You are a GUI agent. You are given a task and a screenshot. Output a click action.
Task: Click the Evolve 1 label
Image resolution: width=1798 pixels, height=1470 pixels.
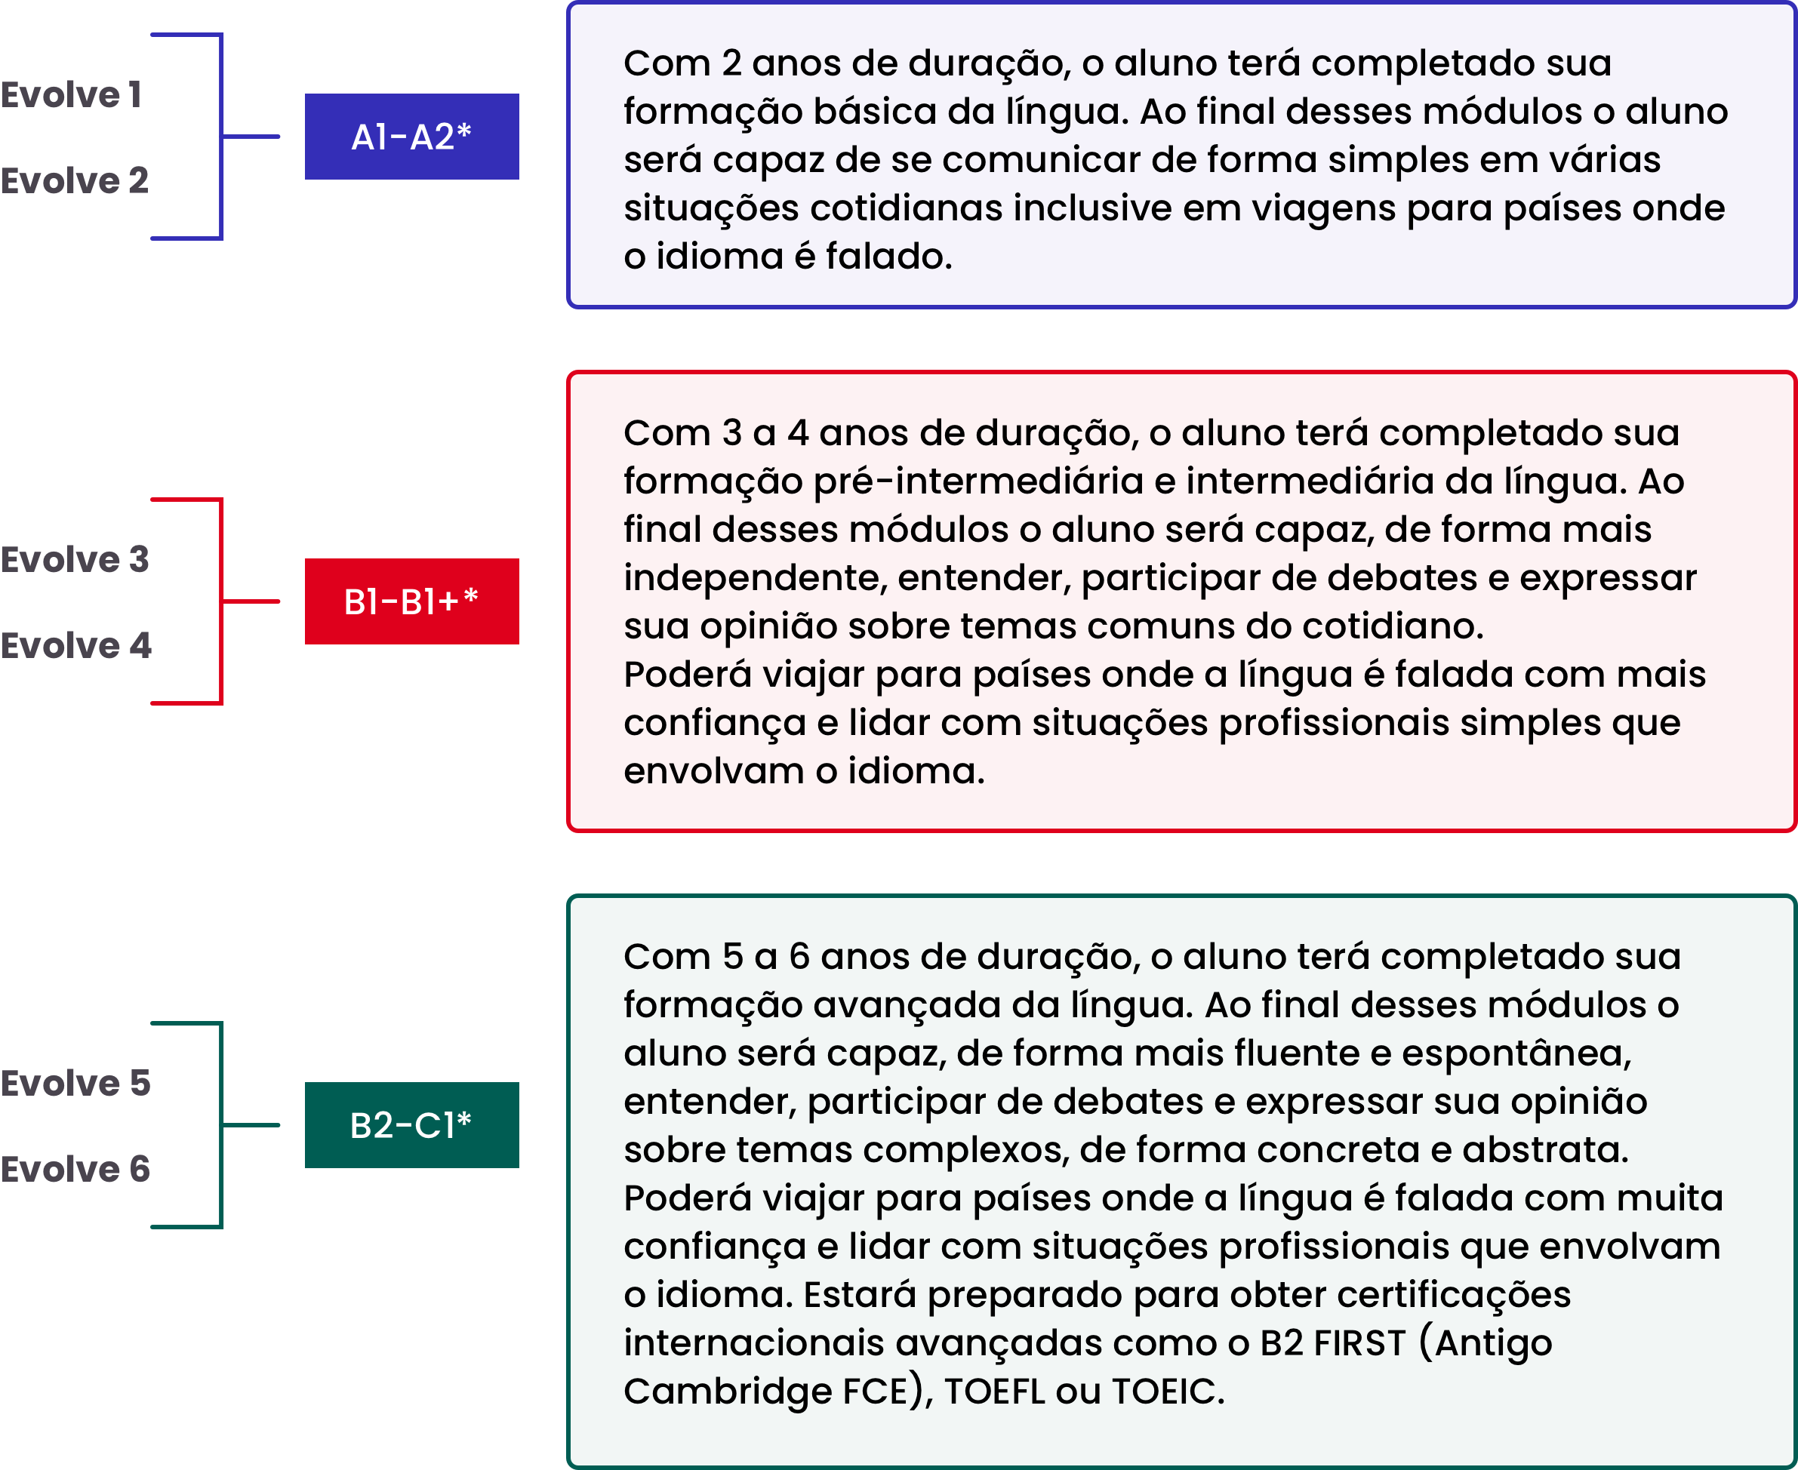tap(70, 95)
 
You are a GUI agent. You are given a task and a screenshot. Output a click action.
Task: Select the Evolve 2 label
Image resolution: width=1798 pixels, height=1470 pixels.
tap(75, 180)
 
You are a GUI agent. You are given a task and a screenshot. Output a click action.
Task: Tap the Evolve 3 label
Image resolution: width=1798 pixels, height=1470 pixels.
tap(75, 560)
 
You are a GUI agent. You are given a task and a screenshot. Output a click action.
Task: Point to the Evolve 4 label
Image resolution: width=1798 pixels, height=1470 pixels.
tap(76, 646)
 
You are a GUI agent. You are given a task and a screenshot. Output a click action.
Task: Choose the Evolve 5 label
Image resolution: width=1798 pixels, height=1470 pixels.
tap(75, 1083)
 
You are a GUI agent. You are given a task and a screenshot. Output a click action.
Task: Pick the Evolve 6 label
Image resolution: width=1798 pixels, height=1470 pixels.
tap(75, 1170)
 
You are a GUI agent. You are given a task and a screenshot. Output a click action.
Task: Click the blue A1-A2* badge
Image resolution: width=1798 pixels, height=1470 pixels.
tap(411, 137)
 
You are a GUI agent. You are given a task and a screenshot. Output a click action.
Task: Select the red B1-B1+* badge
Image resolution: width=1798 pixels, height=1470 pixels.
tap(411, 601)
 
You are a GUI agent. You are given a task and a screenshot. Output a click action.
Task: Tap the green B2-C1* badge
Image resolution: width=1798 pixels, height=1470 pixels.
tap(411, 1125)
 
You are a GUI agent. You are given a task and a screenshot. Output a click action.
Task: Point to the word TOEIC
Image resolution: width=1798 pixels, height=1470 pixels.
tap(1168, 1392)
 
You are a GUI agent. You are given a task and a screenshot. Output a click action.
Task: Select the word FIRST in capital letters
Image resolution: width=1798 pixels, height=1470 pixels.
tap(1360, 1344)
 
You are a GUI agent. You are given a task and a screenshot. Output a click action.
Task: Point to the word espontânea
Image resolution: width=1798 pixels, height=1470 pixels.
tap(1516, 1054)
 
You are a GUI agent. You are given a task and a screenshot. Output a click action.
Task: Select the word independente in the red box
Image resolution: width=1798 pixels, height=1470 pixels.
tap(755, 578)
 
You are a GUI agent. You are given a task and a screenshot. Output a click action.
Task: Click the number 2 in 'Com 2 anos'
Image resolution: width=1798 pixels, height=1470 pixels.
tap(731, 63)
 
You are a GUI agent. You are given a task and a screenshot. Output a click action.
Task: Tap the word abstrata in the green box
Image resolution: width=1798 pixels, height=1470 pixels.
tap(1545, 1151)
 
